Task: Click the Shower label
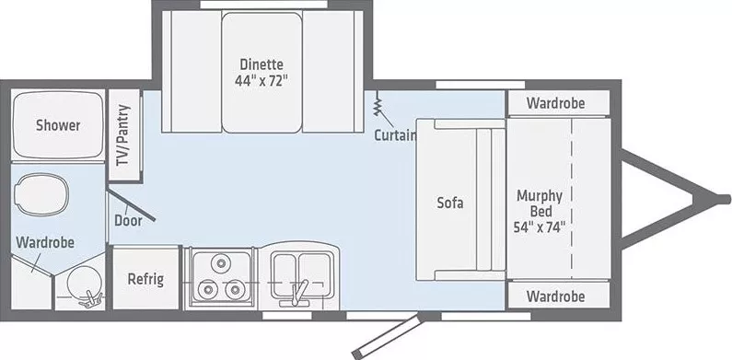point(58,125)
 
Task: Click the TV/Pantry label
point(124,134)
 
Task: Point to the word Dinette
point(261,64)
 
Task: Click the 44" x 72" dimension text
point(261,80)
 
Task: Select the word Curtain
point(395,136)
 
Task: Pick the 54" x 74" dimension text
point(540,225)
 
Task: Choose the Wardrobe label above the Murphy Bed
point(557,103)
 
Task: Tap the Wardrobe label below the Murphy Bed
point(557,296)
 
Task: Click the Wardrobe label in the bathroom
point(45,242)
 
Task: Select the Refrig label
point(145,279)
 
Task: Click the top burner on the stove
point(221,265)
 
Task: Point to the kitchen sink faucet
point(296,293)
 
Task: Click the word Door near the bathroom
point(126,220)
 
